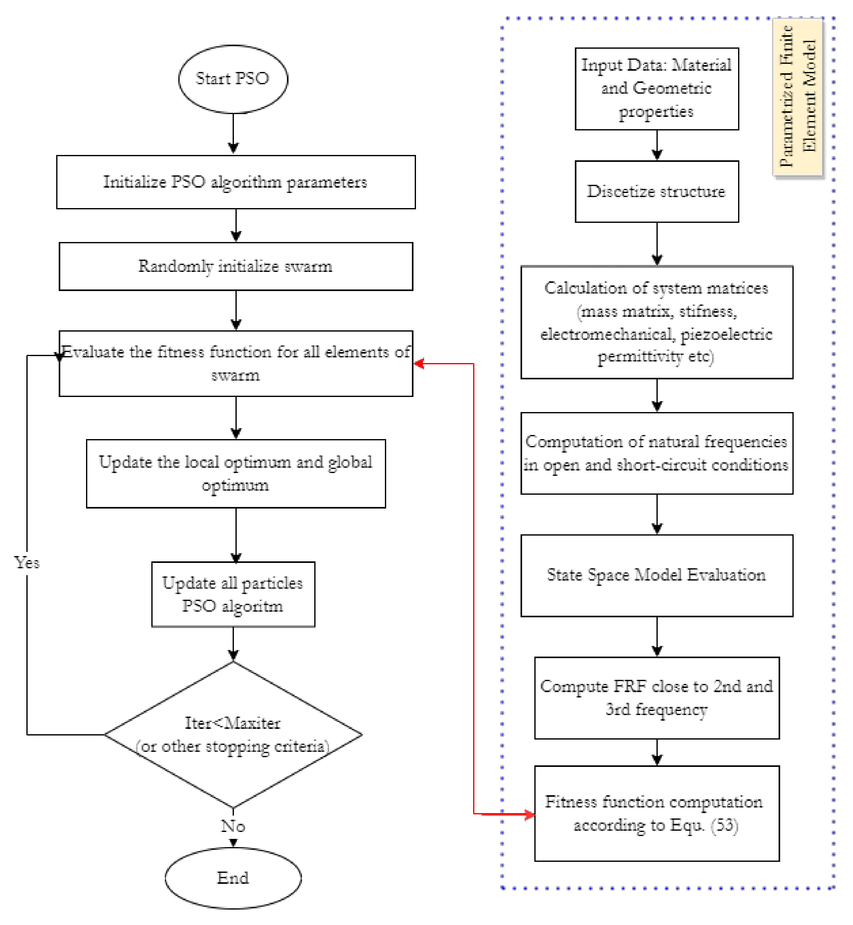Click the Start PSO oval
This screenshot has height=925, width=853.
coord(233,79)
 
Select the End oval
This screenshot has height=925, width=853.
coord(233,878)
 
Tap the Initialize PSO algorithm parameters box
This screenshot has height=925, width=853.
coord(235,182)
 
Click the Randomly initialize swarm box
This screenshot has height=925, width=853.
coord(235,267)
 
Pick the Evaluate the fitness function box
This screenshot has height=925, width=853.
coord(235,364)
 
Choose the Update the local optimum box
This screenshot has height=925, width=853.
coord(235,474)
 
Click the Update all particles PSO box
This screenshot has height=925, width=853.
coord(233,594)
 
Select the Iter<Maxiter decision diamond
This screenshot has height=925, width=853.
coord(233,734)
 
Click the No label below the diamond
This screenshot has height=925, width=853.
coord(233,826)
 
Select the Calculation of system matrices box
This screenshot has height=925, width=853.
coord(656,322)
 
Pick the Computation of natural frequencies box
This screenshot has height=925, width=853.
coord(656,453)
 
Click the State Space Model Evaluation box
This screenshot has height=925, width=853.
coord(656,575)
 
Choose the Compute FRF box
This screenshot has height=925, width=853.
coord(656,698)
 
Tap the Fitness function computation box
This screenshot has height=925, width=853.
coord(656,813)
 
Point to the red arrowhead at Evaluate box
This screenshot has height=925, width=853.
coord(419,364)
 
